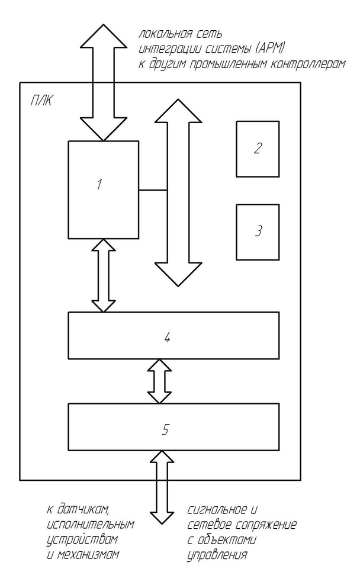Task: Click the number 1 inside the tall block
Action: [100, 185]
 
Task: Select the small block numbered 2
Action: [258, 148]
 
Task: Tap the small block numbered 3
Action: [258, 232]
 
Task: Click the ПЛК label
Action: [40, 102]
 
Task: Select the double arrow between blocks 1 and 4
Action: [104, 275]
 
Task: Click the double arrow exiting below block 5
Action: [159, 487]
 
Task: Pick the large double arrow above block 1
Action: [104, 83]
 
